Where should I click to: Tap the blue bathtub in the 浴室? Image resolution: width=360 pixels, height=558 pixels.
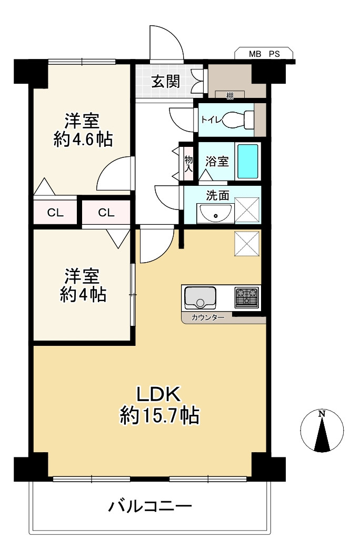247,162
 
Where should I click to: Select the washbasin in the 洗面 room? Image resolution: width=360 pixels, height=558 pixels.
215,213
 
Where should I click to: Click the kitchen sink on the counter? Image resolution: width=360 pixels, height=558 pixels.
200,297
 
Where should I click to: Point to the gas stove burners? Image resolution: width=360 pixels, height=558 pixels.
246,297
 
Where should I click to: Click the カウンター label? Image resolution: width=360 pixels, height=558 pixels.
208,317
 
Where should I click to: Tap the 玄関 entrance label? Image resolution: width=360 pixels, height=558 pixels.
166,82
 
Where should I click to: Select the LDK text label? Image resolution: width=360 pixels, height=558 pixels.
159,394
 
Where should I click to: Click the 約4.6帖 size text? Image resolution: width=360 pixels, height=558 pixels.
83,139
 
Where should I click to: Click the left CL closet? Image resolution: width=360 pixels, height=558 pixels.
55,213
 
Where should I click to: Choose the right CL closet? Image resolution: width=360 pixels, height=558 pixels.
106,213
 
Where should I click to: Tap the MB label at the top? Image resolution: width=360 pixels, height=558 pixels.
255,54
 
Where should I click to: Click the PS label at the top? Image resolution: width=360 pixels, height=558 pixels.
274,54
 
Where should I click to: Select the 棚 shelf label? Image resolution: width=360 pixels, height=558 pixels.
230,96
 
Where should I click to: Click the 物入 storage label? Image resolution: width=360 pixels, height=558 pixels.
188,164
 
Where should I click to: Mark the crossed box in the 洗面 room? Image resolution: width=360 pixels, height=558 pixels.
247,211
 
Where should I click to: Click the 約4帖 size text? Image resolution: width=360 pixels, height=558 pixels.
83,295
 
